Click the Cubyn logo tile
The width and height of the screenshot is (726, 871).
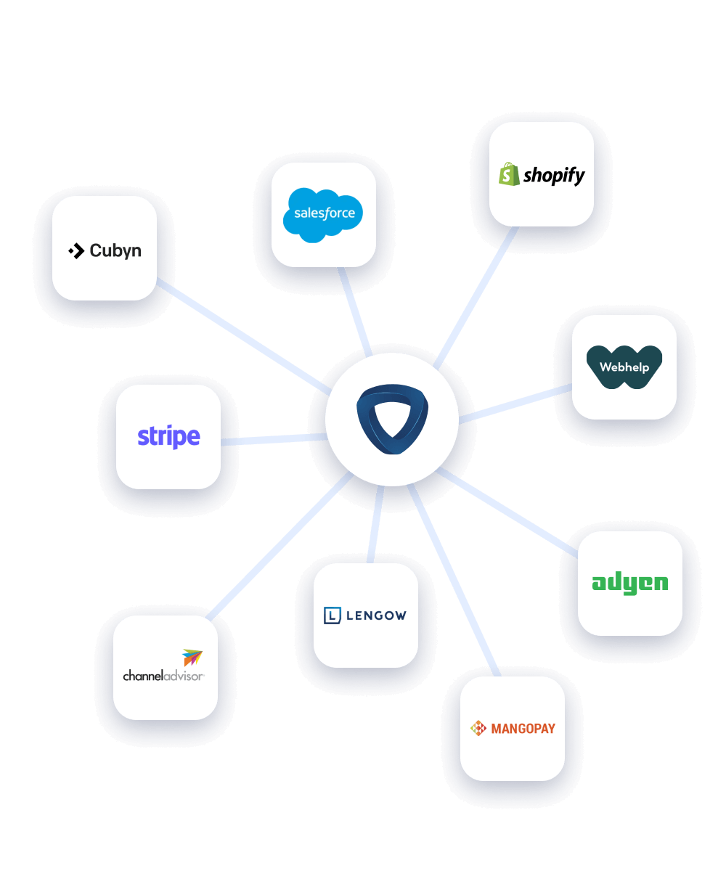pyautogui.click(x=105, y=248)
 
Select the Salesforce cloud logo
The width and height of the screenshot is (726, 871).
pyautogui.click(x=324, y=213)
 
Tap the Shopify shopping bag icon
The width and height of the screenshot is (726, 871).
pyautogui.click(x=509, y=175)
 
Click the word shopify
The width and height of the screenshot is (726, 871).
pyautogui.click(x=554, y=176)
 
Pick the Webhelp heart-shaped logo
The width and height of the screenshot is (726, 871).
pyautogui.click(x=624, y=367)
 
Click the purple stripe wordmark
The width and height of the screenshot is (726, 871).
pyautogui.click(x=168, y=437)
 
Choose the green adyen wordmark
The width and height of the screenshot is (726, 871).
pyautogui.click(x=629, y=583)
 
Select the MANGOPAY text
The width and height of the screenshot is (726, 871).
pyautogui.click(x=523, y=728)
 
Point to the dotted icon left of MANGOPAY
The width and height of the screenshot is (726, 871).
pyautogui.click(x=478, y=728)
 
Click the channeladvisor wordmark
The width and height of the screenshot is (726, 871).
pyautogui.click(x=163, y=676)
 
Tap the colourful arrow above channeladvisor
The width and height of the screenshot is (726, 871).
pyautogui.click(x=192, y=658)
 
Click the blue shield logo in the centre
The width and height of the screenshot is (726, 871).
pyautogui.click(x=392, y=420)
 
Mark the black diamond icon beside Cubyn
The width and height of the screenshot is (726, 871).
pyautogui.click(x=76, y=251)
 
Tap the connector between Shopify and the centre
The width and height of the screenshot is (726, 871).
pyautogui.click(x=476, y=298)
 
